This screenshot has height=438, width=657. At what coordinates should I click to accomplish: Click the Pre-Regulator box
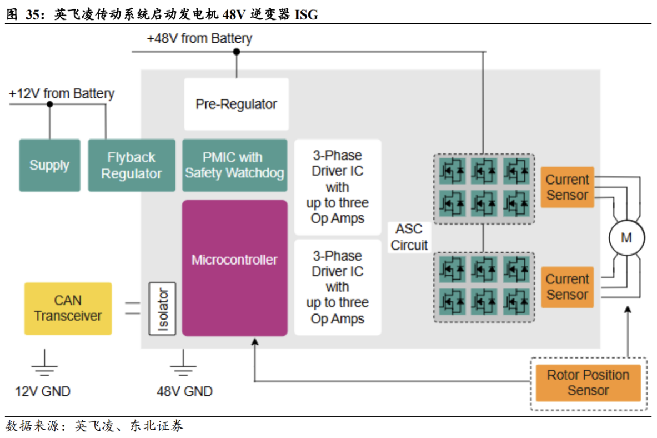(x=236, y=104)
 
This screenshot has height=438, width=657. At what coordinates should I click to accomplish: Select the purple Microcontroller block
(x=234, y=267)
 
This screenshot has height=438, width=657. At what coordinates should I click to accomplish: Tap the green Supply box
(x=49, y=165)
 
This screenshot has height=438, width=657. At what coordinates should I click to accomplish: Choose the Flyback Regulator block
(x=132, y=165)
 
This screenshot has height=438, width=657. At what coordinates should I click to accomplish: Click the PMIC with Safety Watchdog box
(x=234, y=165)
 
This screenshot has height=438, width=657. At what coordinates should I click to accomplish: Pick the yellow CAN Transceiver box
(x=68, y=308)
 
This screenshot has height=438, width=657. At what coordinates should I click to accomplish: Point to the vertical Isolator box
(x=162, y=308)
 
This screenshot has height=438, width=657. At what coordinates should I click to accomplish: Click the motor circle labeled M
(x=626, y=238)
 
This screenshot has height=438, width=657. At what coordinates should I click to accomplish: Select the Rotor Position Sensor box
(x=588, y=382)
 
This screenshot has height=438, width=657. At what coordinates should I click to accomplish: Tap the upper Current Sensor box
(x=567, y=187)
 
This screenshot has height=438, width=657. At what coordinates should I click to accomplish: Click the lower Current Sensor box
(x=567, y=287)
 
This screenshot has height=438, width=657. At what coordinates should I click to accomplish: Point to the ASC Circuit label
(x=409, y=237)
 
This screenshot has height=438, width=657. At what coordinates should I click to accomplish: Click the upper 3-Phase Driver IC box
(x=337, y=187)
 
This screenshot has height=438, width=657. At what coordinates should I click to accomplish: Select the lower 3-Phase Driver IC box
(x=337, y=287)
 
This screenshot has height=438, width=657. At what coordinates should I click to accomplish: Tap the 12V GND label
(x=43, y=391)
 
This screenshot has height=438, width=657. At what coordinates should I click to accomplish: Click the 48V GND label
(x=184, y=391)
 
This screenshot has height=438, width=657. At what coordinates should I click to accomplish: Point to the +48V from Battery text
(x=199, y=38)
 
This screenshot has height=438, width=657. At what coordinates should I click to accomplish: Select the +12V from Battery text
(x=61, y=93)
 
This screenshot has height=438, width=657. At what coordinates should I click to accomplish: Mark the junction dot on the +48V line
(x=236, y=52)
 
